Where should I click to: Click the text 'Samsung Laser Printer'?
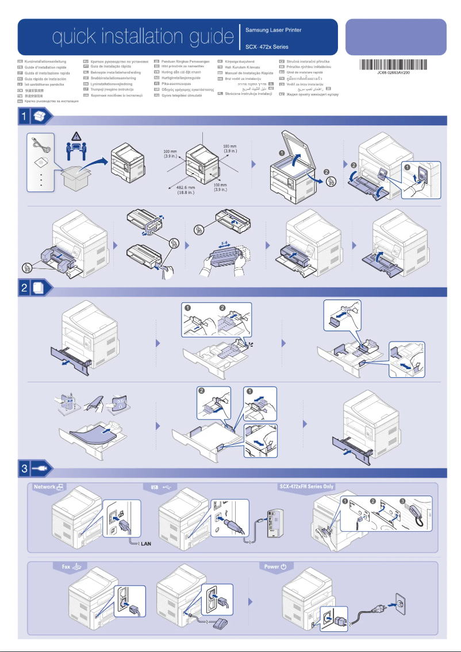coord(273,30)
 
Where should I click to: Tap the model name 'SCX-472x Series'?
coord(267,47)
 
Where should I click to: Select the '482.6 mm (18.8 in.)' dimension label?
coord(185,189)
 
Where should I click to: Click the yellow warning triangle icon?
coord(76,137)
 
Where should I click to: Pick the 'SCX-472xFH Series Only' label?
coord(306,486)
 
